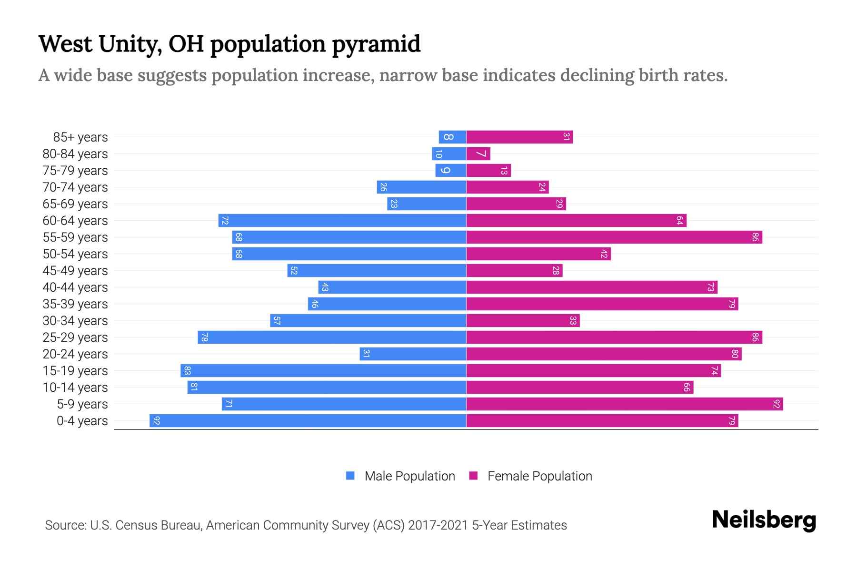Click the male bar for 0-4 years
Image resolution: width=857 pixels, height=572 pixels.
tap(308, 420)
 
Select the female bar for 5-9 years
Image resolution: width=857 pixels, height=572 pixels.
tap(624, 404)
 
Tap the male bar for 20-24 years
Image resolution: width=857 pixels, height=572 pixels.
tap(413, 354)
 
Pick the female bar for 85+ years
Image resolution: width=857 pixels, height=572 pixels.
tap(519, 137)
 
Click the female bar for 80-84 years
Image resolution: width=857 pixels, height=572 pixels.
tap(478, 154)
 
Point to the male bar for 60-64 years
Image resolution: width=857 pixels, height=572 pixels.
tap(342, 221)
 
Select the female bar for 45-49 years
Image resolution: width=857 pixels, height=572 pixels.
tap(514, 271)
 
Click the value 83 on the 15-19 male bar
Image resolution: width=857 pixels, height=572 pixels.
tap(187, 371)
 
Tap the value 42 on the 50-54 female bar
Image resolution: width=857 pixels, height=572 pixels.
tap(604, 254)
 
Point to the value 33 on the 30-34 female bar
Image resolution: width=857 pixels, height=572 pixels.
tap(573, 321)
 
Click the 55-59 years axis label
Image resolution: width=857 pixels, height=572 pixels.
tap(75, 237)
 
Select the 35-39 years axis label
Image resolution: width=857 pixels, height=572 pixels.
tap(75, 304)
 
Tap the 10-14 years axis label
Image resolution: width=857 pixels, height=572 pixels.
tap(75, 388)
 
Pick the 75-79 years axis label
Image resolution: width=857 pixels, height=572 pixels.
tap(75, 171)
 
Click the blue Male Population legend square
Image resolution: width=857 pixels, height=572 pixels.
tap(350, 476)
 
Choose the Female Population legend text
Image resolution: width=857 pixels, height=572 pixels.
tap(539, 476)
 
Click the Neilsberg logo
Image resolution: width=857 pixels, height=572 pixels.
tap(764, 520)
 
